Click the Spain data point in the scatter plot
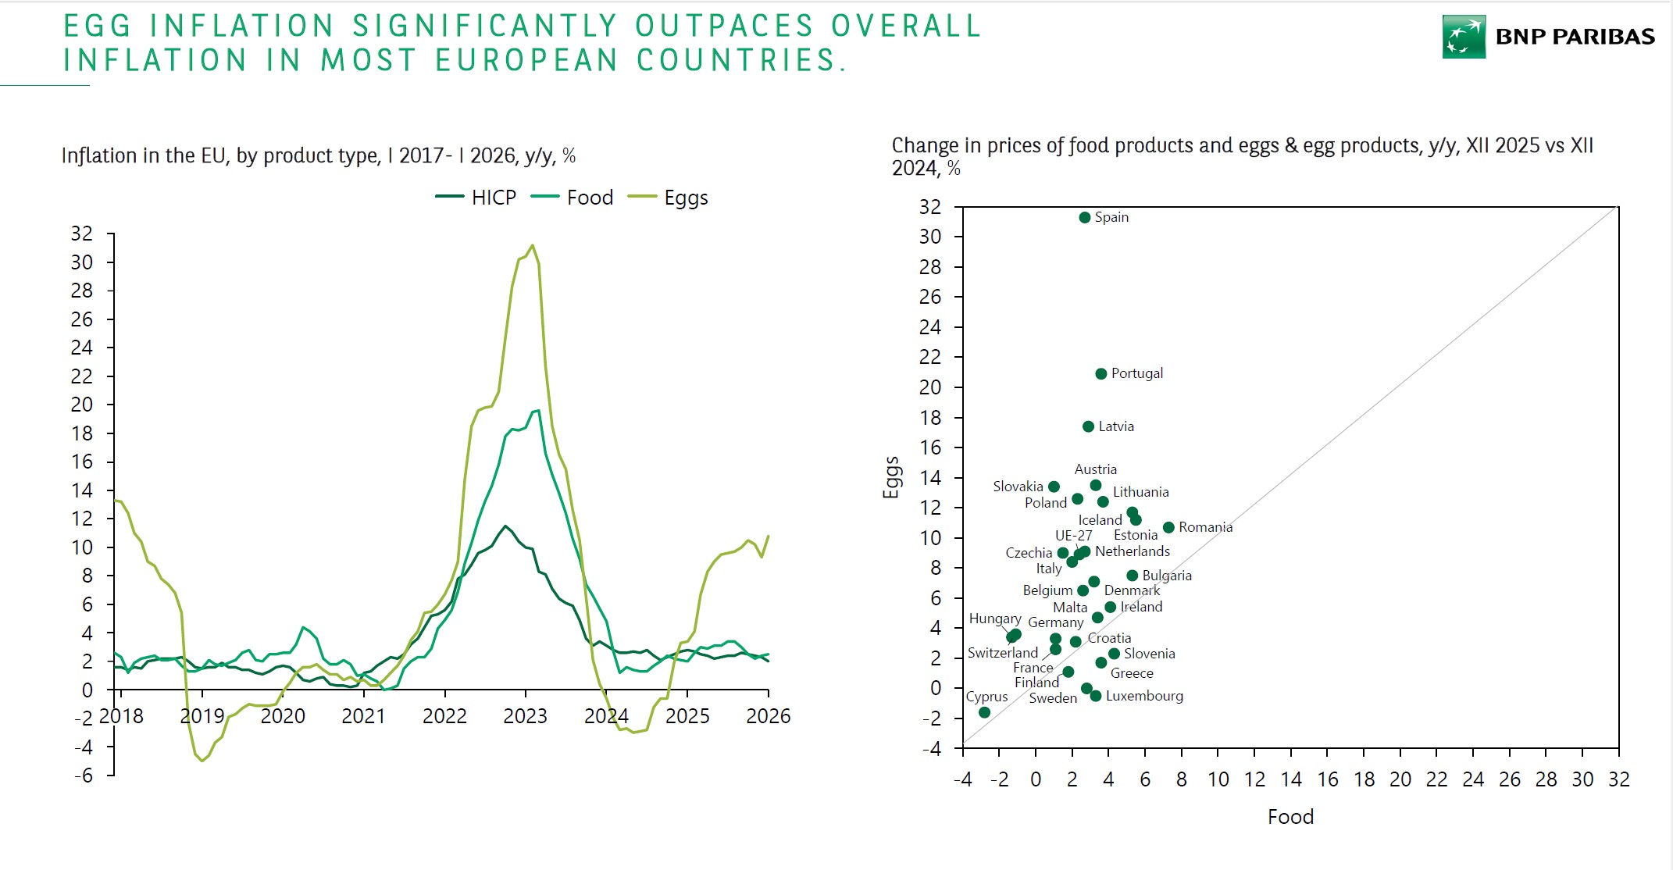click(1084, 217)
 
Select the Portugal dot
click(1100, 374)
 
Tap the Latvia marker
click(1088, 426)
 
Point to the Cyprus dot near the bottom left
click(984, 712)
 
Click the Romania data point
click(1168, 528)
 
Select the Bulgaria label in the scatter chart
click(1166, 576)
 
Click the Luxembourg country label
click(1143, 696)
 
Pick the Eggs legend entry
click(685, 198)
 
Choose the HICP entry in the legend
click(493, 198)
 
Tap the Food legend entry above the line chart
click(589, 198)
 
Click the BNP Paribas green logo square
click(1463, 37)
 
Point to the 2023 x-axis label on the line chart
click(525, 716)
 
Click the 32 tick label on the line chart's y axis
click(81, 234)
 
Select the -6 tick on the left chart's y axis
click(83, 776)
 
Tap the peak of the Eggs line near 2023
click(533, 245)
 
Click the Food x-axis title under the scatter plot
click(1290, 817)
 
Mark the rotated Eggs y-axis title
click(891, 476)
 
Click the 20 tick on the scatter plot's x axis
click(1400, 779)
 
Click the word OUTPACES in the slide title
click(724, 26)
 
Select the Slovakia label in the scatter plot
click(1018, 487)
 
